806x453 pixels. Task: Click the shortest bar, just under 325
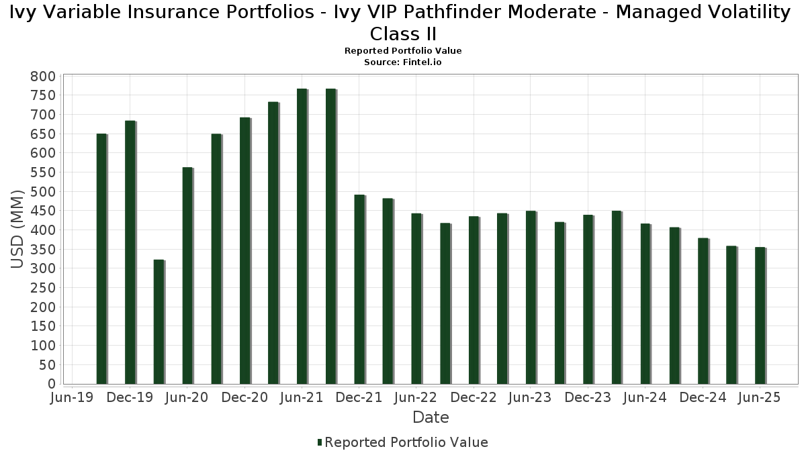159,321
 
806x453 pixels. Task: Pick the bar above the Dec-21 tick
359,289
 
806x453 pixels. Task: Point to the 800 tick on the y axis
42,77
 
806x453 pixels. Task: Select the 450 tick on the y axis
42,211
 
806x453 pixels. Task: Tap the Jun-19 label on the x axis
72,398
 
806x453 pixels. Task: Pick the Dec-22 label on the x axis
474,398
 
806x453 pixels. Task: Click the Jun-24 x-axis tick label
645,398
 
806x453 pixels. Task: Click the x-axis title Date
431,417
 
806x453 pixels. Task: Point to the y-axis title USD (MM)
18,230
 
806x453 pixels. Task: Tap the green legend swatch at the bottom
320,442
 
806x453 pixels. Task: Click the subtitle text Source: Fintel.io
403,62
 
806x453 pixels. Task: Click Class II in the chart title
403,34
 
